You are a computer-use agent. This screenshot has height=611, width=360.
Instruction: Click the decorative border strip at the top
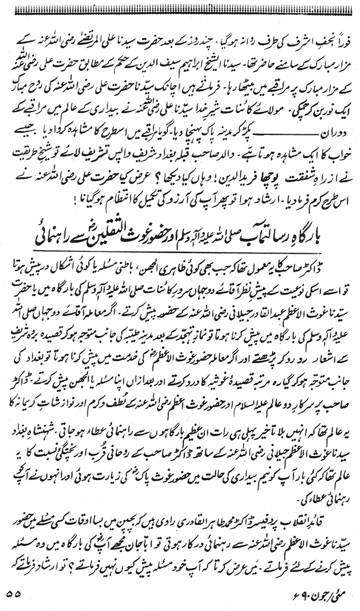[x=180, y=7]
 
